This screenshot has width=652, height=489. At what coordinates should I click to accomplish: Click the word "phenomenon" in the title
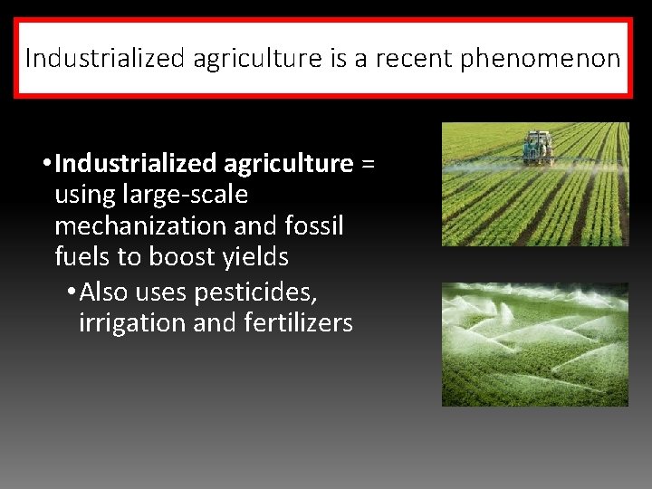pos(541,60)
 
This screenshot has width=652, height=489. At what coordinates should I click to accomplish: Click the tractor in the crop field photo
pos(537,145)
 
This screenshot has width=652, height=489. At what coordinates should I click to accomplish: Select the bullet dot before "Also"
pos(72,292)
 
